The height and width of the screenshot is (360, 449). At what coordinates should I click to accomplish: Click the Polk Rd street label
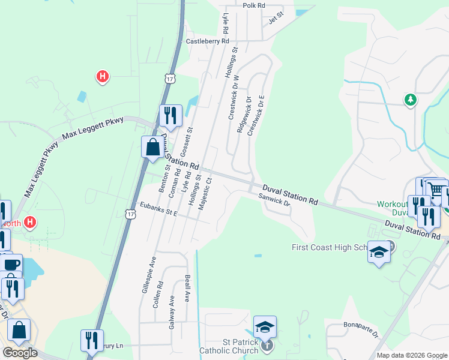(254, 5)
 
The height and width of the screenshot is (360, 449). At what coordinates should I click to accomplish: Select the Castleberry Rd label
(208, 41)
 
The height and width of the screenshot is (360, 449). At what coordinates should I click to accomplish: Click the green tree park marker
(411, 100)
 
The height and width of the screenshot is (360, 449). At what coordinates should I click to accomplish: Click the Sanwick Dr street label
(275, 200)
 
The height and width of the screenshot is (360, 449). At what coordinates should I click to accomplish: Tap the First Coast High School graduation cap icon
(379, 253)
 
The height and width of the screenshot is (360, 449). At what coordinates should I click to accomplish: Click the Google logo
(20, 353)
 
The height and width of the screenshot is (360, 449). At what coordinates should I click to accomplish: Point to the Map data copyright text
(411, 355)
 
